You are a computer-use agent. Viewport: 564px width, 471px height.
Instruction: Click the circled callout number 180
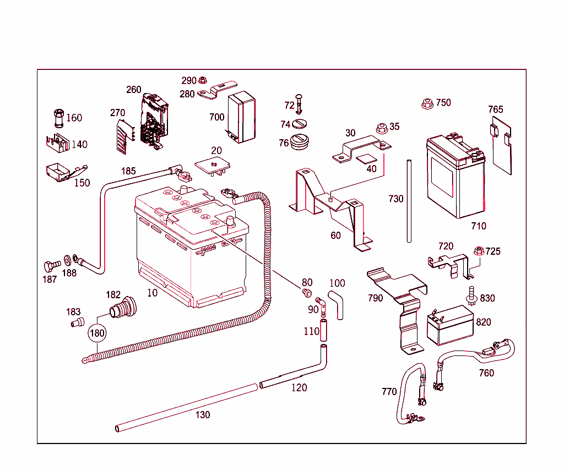click(97, 333)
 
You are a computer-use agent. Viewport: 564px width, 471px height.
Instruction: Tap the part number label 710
click(479, 226)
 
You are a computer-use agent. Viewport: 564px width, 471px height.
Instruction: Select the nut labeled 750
click(427, 103)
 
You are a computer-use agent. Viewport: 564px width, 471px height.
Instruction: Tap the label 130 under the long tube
click(203, 415)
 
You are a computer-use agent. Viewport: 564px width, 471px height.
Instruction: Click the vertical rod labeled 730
click(409, 201)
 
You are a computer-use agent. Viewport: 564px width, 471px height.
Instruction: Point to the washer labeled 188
click(67, 259)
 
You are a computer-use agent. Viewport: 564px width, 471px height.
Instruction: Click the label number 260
click(133, 90)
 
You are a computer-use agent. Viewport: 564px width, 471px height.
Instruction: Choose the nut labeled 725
click(478, 251)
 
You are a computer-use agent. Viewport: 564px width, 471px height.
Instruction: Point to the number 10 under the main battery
click(152, 293)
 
